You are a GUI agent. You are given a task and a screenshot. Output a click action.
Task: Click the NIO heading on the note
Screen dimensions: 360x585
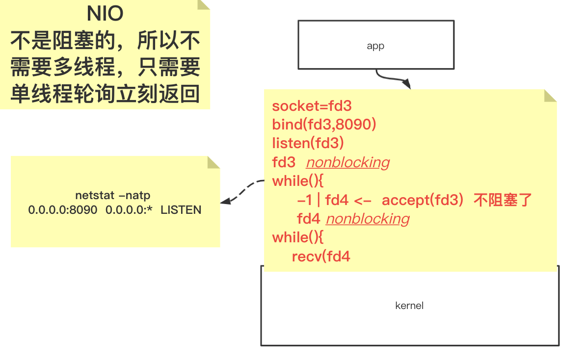[x=105, y=14]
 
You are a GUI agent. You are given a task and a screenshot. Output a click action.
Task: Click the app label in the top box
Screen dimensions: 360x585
[x=375, y=46]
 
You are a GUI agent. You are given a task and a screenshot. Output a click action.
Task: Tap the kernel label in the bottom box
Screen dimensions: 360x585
[x=409, y=306]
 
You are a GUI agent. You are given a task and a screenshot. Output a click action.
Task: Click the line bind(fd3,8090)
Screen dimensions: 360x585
[x=324, y=125]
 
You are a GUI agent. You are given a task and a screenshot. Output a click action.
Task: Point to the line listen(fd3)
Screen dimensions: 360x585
[x=308, y=143]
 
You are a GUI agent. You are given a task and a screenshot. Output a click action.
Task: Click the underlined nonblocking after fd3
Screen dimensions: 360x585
[x=347, y=162]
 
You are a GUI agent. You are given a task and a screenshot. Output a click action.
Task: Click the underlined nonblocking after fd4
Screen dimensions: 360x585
[x=368, y=219]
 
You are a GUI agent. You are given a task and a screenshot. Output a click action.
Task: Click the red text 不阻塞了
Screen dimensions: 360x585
[x=503, y=200]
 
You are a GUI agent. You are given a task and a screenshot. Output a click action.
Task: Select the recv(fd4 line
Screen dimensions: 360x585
[x=321, y=256]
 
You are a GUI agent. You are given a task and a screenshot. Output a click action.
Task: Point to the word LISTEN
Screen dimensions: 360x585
[x=181, y=210]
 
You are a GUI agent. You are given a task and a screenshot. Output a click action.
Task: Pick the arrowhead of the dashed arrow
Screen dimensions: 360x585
[x=225, y=201]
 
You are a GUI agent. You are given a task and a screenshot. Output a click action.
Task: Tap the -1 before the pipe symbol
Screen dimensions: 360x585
[x=305, y=200]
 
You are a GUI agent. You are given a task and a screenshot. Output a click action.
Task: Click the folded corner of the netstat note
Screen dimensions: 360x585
[x=213, y=162]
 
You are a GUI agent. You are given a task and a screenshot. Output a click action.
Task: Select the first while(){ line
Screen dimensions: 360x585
[x=298, y=181]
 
